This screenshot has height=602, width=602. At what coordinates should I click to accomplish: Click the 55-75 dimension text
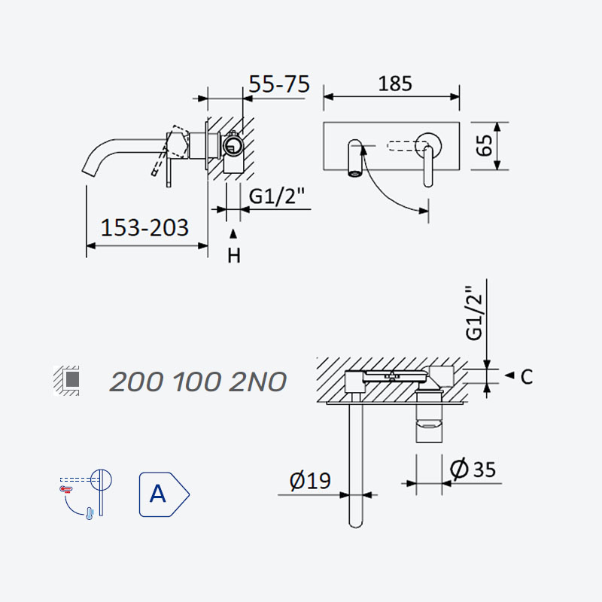click(279, 84)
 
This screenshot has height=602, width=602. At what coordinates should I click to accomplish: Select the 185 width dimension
click(395, 84)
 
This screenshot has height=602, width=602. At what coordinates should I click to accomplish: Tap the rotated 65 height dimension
click(484, 145)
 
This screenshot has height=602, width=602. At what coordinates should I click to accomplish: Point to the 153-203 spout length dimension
click(144, 227)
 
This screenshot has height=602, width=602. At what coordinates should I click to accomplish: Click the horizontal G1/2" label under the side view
click(276, 196)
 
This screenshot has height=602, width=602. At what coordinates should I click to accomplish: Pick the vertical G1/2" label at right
click(473, 313)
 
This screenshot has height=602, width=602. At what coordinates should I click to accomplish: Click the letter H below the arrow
click(234, 255)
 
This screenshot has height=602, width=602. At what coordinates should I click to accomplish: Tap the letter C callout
click(527, 377)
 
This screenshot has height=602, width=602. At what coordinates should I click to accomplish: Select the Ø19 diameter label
click(310, 480)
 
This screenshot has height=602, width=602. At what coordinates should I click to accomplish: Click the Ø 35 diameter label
click(473, 468)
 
